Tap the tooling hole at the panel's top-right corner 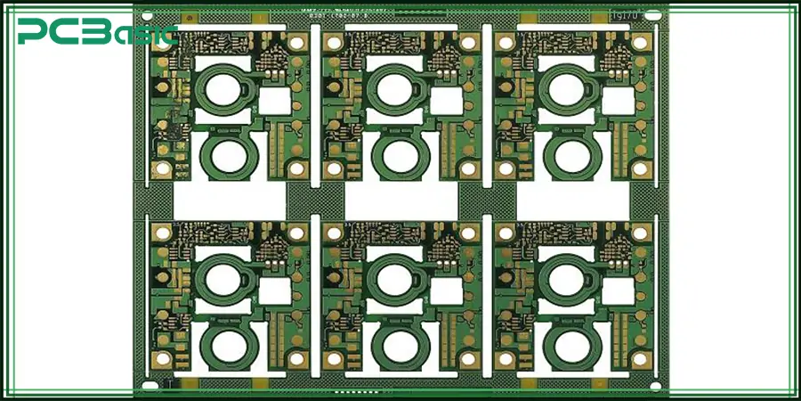(x=655, y=15)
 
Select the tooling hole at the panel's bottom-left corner (x=148, y=387)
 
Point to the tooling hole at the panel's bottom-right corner (x=655, y=387)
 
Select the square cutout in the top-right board (x=617, y=99)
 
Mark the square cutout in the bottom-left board (x=274, y=291)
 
